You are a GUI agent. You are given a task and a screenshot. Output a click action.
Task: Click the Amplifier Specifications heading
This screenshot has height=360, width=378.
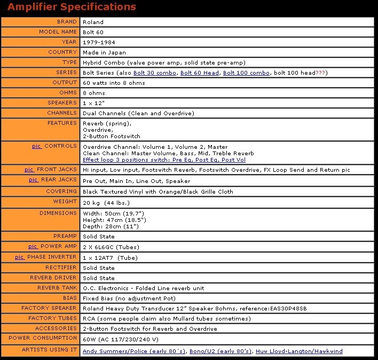pos(72,7)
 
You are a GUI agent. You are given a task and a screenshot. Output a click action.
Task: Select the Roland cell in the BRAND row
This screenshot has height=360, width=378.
pos(93,22)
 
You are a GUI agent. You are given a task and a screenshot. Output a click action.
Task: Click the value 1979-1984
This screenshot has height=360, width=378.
pos(99,42)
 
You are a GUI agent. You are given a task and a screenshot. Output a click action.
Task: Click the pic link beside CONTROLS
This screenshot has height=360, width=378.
pos(36,146)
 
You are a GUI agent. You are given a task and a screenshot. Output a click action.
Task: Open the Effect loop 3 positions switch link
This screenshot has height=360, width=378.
pos(164,159)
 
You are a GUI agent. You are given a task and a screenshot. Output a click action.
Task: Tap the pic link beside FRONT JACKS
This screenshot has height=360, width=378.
pos(29,170)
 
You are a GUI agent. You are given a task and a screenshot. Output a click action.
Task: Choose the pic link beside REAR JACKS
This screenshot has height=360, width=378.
pos(33,180)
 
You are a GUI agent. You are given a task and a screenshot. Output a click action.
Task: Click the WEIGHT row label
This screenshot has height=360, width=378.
pos(65,202)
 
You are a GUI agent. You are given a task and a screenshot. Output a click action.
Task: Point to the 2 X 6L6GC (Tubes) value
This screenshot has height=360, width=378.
pos(109,247)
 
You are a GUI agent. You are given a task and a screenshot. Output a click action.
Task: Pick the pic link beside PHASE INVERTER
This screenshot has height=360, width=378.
pos(20,257)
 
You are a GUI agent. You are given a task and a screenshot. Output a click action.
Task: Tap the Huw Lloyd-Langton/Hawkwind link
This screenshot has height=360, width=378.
pos(299,351)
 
